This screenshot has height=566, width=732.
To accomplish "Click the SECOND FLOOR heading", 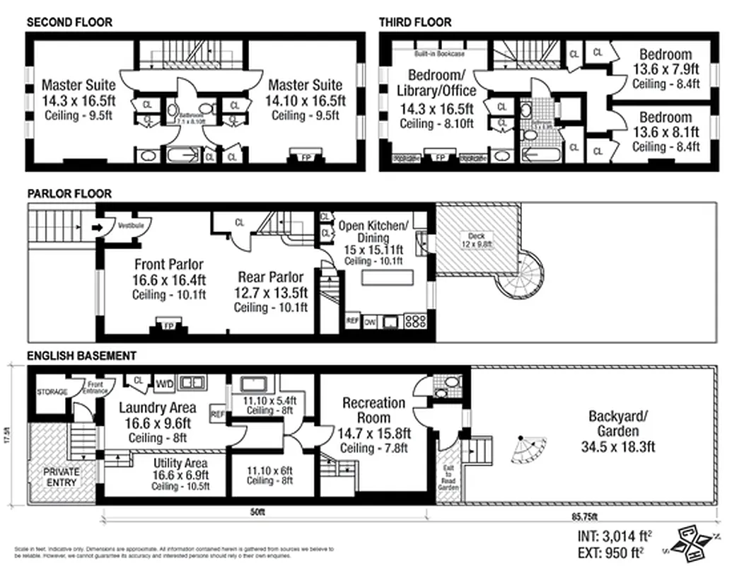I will point(69,22).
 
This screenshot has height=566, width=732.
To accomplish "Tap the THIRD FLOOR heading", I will point(414,22).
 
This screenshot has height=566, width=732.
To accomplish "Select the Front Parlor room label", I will point(170,265).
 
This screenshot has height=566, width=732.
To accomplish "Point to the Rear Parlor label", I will point(270,277).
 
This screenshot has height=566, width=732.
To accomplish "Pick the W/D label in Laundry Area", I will point(164,383).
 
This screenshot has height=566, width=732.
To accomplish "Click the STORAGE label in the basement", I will point(52,392).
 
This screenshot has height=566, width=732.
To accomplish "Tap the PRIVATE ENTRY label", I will point(62,477).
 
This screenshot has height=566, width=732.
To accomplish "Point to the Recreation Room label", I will point(374,410).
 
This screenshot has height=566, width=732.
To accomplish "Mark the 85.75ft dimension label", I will point(584,514).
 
